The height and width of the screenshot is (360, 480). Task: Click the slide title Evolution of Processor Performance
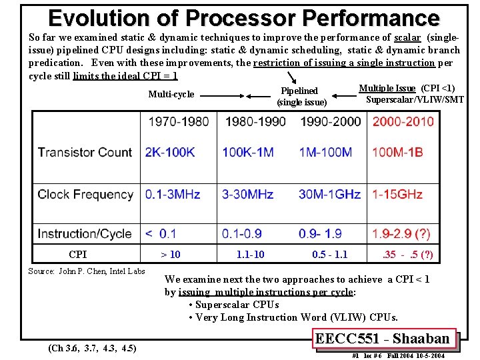click(243, 17)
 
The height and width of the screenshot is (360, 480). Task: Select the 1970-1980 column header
click(178, 121)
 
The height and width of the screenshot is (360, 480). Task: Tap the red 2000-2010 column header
click(403, 121)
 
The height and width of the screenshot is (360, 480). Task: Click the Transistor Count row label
click(85, 152)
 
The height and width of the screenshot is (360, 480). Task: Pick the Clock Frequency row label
click(85, 194)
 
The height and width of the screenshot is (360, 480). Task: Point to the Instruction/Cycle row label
click(85, 233)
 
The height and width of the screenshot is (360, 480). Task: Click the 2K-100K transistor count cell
click(170, 152)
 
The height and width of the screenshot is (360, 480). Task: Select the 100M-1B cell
click(397, 152)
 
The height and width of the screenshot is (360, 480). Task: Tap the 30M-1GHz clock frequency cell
click(329, 194)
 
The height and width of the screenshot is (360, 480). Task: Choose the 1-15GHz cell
click(397, 194)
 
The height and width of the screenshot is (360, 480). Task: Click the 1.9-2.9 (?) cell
click(401, 233)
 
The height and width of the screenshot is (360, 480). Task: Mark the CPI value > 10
click(171, 254)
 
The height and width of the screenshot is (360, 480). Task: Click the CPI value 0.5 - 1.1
click(329, 254)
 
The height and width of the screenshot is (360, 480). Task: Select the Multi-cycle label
click(171, 94)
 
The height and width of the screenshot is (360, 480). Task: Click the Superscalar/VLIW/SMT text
click(415, 99)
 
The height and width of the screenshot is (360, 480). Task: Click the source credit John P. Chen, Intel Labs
click(87, 271)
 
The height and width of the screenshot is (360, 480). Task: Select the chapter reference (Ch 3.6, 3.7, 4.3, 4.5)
click(93, 347)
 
